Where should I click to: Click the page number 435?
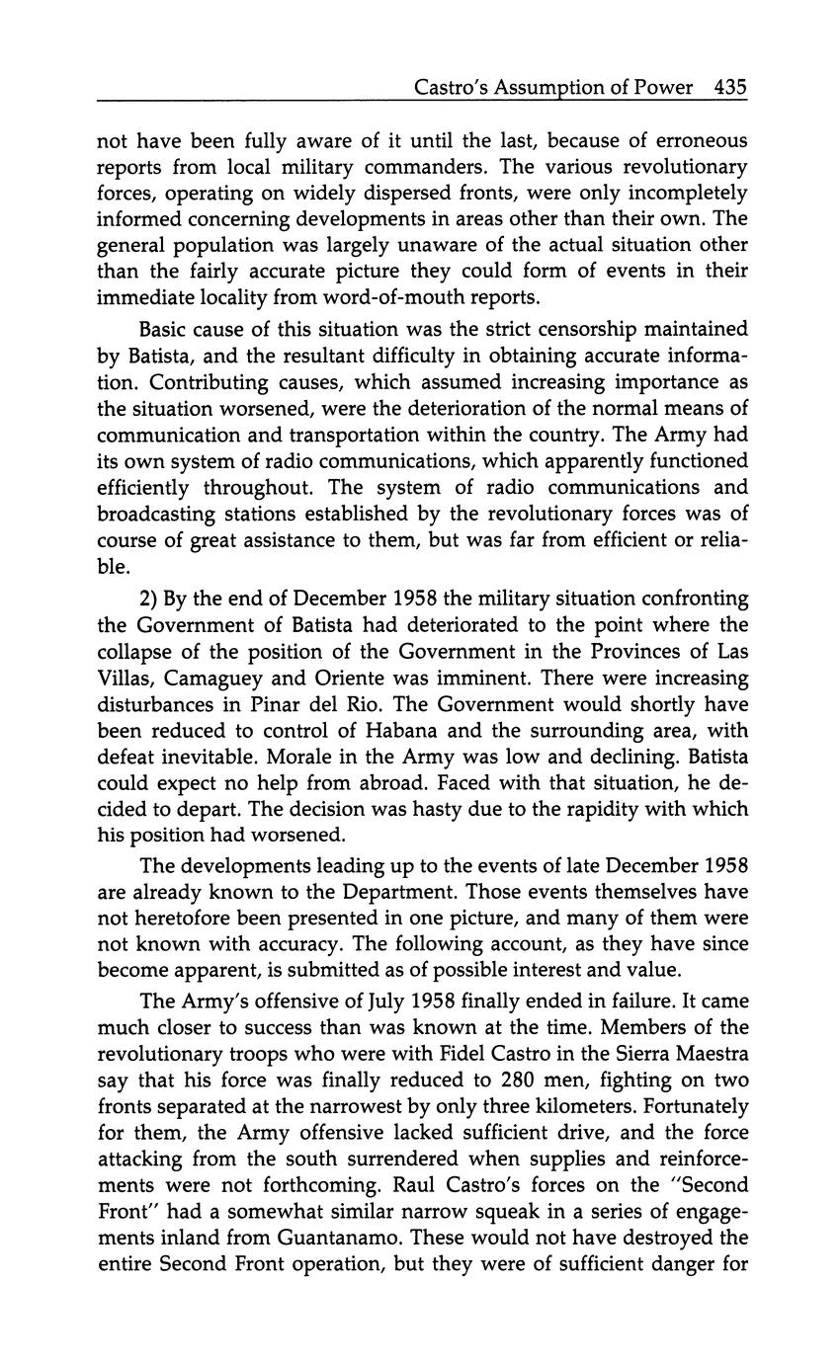tap(729, 87)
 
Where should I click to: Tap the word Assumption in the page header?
tap(559, 88)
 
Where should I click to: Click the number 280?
tap(497, 1080)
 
